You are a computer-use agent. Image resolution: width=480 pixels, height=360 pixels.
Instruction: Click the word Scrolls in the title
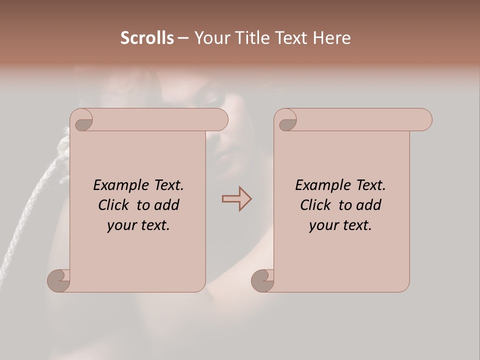pyautogui.click(x=147, y=38)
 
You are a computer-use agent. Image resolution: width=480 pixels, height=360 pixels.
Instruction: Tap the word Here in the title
pyautogui.click(x=331, y=38)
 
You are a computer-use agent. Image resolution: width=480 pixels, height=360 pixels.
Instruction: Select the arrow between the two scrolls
pyautogui.click(x=236, y=199)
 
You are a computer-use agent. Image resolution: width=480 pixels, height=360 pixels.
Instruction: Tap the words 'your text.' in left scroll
pyautogui.click(x=138, y=225)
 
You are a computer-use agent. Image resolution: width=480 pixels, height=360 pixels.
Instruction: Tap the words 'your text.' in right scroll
pyautogui.click(x=340, y=225)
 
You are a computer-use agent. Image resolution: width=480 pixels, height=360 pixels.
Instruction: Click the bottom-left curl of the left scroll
pyautogui.click(x=58, y=280)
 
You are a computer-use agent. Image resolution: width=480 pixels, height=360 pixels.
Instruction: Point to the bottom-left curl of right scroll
pyautogui.click(x=262, y=280)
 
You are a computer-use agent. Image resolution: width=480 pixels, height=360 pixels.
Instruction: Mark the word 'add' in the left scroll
pyautogui.click(x=166, y=205)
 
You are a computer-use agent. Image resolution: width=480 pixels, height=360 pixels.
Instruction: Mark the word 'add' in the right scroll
pyautogui.click(x=368, y=205)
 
